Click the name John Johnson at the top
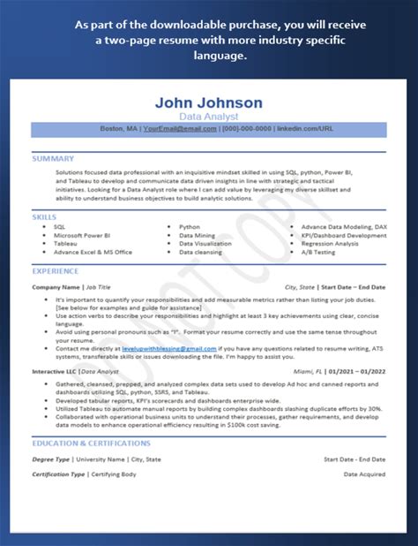pos(208,102)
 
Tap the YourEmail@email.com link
pos(180,129)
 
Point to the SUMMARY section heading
pos(53,159)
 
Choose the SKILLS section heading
pos(44,216)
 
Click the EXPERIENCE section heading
pos(55,271)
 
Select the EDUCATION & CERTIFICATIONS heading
pos(91,444)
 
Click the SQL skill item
pos(59,228)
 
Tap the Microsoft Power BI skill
pos(82,236)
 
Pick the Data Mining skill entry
pos(197,236)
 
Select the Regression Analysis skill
pos(330,244)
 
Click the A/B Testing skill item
pos(317,252)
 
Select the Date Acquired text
pos(364,474)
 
